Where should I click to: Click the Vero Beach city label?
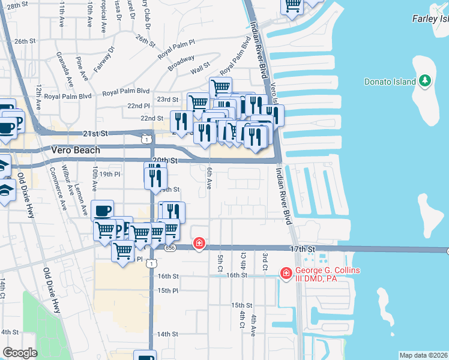click(76, 150)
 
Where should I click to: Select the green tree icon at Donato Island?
click(425, 80)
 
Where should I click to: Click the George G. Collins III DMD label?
click(328, 274)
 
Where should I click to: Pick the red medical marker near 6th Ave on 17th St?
click(199, 244)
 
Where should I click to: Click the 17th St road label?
click(303, 248)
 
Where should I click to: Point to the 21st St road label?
click(95, 133)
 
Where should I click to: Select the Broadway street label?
click(181, 63)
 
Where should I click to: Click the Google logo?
click(20, 353)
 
